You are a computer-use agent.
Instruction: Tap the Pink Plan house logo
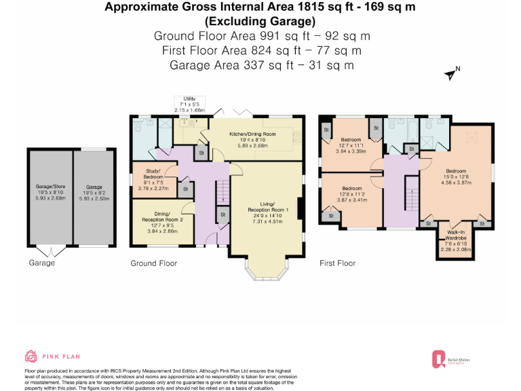(x=31, y=356)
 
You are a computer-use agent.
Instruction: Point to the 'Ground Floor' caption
(x=154, y=263)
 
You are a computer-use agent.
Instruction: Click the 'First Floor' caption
(x=337, y=263)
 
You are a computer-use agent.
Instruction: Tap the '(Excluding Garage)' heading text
(x=261, y=20)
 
